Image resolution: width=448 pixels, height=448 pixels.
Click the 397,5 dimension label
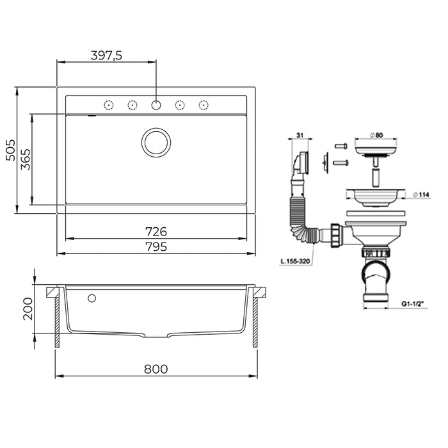pos(106,56)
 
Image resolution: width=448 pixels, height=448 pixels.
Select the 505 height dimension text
pos(11,150)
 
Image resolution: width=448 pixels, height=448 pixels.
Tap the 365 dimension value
pos(26,159)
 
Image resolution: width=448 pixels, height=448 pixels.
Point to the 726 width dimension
pos(156,232)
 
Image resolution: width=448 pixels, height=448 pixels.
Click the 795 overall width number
pos(156,246)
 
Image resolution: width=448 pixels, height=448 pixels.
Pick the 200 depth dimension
pos(28,308)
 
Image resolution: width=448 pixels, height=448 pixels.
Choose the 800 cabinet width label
pos(156,369)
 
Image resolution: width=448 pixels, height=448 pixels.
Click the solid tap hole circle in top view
pos(156,105)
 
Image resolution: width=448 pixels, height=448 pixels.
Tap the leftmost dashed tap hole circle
pos(109,105)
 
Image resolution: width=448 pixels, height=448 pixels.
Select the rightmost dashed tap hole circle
pos(204,105)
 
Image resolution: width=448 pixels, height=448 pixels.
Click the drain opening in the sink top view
pos(156,142)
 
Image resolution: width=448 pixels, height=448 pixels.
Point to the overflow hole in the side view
pos(92,298)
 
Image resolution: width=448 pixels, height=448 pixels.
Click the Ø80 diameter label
pos(376,135)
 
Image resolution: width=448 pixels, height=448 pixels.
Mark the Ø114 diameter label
pos(421,195)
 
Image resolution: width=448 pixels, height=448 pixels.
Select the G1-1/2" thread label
pos(413,304)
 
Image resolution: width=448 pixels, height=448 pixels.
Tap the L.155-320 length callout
pos(295,261)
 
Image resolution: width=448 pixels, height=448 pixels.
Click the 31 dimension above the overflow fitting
pos(300,135)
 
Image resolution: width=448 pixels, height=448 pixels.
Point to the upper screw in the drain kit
pos(341,146)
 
